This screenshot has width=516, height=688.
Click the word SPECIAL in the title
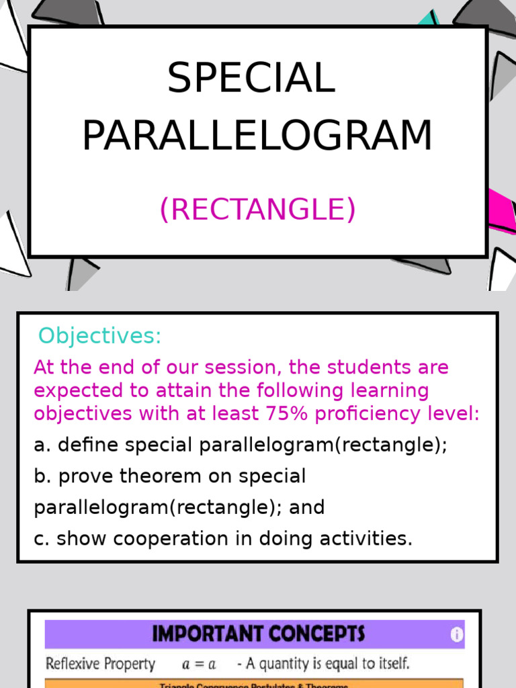click(251, 78)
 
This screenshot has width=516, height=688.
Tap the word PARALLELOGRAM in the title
click(257, 136)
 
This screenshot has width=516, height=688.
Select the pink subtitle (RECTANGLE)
click(257, 210)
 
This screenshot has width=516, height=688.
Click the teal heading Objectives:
click(99, 335)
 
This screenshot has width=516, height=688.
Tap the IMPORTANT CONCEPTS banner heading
click(258, 634)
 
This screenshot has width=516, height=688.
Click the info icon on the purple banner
click(456, 634)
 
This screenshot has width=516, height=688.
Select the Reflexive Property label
click(100, 664)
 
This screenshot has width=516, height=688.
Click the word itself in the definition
click(390, 664)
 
